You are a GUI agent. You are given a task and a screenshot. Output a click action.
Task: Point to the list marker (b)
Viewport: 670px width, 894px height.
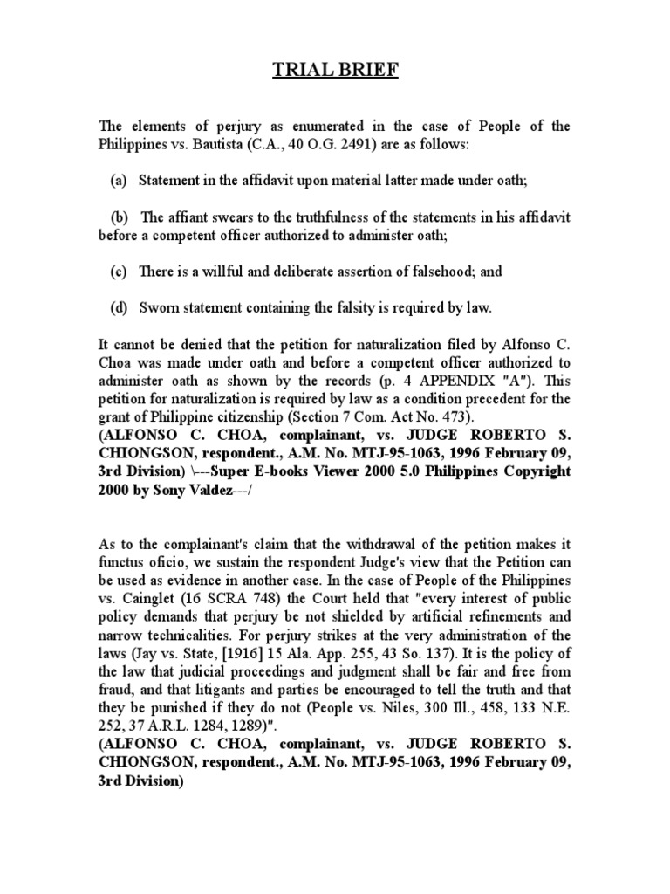120,217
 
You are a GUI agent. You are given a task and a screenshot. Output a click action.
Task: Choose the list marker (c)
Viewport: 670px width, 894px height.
119,272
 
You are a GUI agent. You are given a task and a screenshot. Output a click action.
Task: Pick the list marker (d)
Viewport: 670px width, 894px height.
119,307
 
